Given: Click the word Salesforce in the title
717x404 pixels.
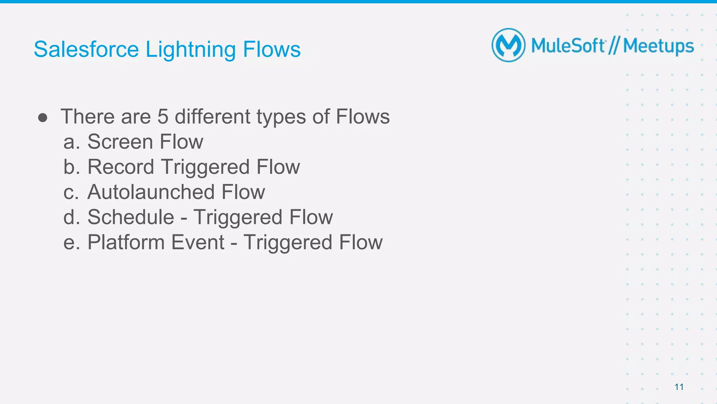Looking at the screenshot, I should tap(86, 49).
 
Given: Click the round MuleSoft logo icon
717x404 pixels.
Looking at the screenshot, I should tap(508, 46).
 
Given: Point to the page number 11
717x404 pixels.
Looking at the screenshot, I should tap(679, 387).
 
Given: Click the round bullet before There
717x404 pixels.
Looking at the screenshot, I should tap(43, 118).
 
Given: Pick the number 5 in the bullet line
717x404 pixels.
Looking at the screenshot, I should tap(163, 117).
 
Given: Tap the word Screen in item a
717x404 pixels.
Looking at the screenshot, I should tap(120, 142).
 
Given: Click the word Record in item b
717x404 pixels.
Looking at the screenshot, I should tap(120, 167).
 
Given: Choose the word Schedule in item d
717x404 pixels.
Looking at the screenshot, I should tap(131, 217).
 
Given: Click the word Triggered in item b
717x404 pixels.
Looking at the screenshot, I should tap(205, 167).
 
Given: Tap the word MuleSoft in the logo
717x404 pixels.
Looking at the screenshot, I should tap(568, 46).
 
